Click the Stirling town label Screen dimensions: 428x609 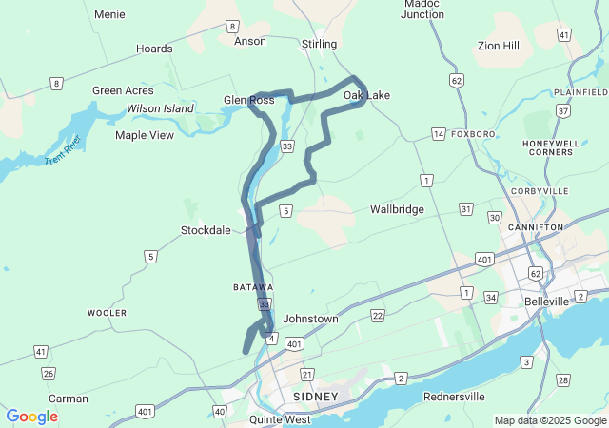pyautogui.click(x=319, y=44)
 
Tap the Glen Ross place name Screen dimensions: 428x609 pyautogui.click(x=248, y=99)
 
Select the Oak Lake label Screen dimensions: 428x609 pyautogui.click(x=366, y=95)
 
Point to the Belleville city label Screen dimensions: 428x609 pyautogui.click(x=546, y=301)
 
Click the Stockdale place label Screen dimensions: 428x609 pyautogui.click(x=206, y=230)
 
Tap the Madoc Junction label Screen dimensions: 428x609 pyautogui.click(x=423, y=9)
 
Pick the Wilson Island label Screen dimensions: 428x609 pyautogui.click(x=160, y=109)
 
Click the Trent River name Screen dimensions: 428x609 pyautogui.click(x=64, y=150)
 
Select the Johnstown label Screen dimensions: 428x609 pyautogui.click(x=310, y=319)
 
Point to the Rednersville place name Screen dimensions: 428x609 pyautogui.click(x=454, y=396)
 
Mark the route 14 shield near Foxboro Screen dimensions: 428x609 pyautogui.click(x=438, y=133)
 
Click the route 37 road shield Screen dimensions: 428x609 pyautogui.click(x=563, y=111)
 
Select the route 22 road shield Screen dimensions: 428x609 pyautogui.click(x=378, y=315)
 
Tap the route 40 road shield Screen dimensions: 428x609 pyautogui.click(x=220, y=411)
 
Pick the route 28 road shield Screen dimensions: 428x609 pyautogui.click(x=563, y=380)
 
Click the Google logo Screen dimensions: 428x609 pyautogui.click(x=31, y=417)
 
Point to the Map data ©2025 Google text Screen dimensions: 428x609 pyautogui.click(x=549, y=420)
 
